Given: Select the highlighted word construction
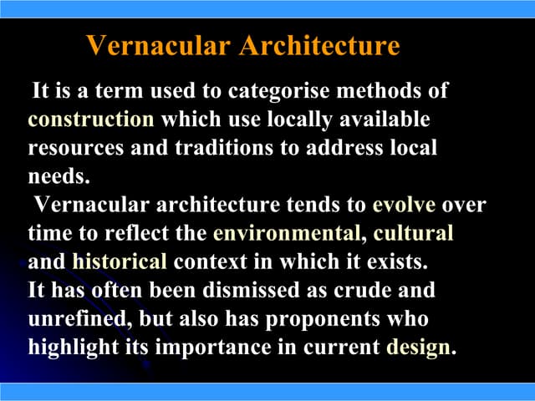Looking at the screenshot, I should pos(91,119).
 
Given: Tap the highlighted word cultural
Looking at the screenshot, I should pos(414,233).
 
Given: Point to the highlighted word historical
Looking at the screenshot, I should pos(120,261).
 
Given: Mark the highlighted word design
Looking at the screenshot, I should pos(417,348).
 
